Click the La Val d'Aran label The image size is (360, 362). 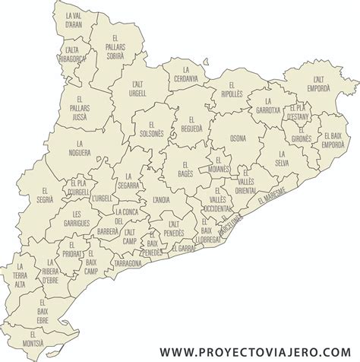[74, 18]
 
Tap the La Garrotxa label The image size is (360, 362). [268, 106]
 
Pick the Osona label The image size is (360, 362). [238, 138]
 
